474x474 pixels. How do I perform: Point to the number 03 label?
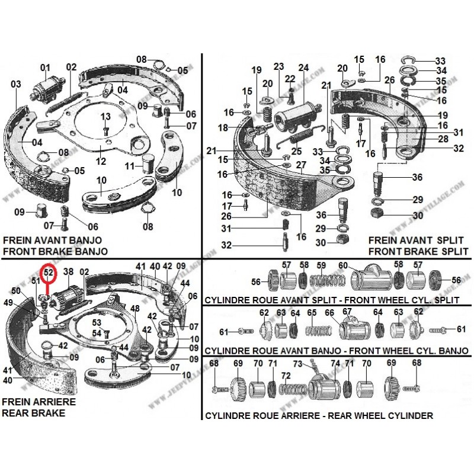[16, 84]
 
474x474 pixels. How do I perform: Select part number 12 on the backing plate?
[101, 161]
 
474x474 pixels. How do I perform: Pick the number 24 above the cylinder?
[303, 67]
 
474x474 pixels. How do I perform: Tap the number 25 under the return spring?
[296, 151]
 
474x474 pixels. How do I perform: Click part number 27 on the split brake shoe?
[301, 165]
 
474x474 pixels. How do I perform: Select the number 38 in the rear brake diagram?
[68, 273]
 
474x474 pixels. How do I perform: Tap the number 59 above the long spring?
[322, 265]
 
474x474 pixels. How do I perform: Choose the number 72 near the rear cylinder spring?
[286, 376]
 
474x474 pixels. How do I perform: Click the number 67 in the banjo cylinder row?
[347, 312]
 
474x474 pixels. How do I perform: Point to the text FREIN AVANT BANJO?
[52, 241]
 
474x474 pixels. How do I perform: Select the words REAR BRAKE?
[33, 413]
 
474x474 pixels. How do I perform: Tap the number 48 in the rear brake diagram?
[135, 309]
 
